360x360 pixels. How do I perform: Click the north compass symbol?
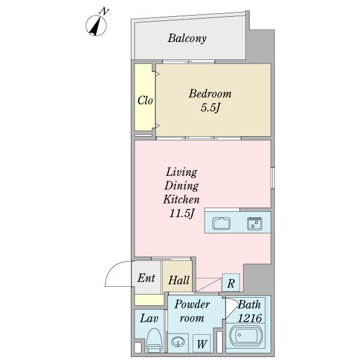[96, 25]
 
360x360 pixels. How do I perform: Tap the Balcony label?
[187, 38]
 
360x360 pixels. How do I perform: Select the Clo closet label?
[145, 100]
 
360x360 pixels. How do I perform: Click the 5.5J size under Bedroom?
[211, 107]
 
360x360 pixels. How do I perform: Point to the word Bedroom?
[210, 94]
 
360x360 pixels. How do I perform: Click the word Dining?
[181, 186]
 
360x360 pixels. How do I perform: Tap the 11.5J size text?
[182, 213]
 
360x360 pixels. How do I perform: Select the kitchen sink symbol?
[221, 223]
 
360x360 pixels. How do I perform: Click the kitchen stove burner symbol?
[254, 223]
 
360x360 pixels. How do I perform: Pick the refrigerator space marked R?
[231, 283]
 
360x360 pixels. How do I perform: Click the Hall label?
[179, 280]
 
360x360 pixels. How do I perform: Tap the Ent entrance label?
[146, 278]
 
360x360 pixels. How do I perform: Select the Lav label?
[149, 319]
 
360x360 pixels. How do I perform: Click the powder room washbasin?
[178, 341]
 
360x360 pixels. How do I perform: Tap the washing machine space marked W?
[202, 343]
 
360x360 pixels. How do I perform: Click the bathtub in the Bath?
[245, 336]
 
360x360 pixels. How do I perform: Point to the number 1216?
[250, 318]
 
